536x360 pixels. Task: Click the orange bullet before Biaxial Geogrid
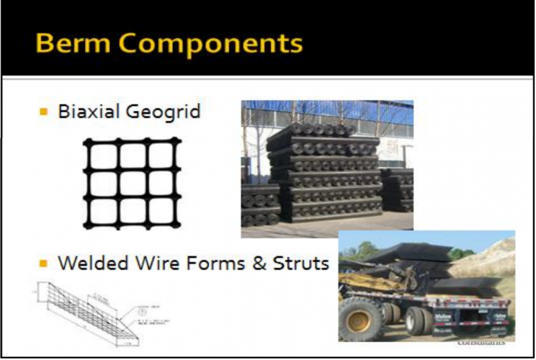tap(43, 111)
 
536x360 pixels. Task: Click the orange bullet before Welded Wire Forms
tap(43, 264)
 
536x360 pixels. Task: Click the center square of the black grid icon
tap(132, 184)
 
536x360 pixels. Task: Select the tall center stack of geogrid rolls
tap(324, 174)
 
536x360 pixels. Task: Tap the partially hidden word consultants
tap(481, 343)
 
